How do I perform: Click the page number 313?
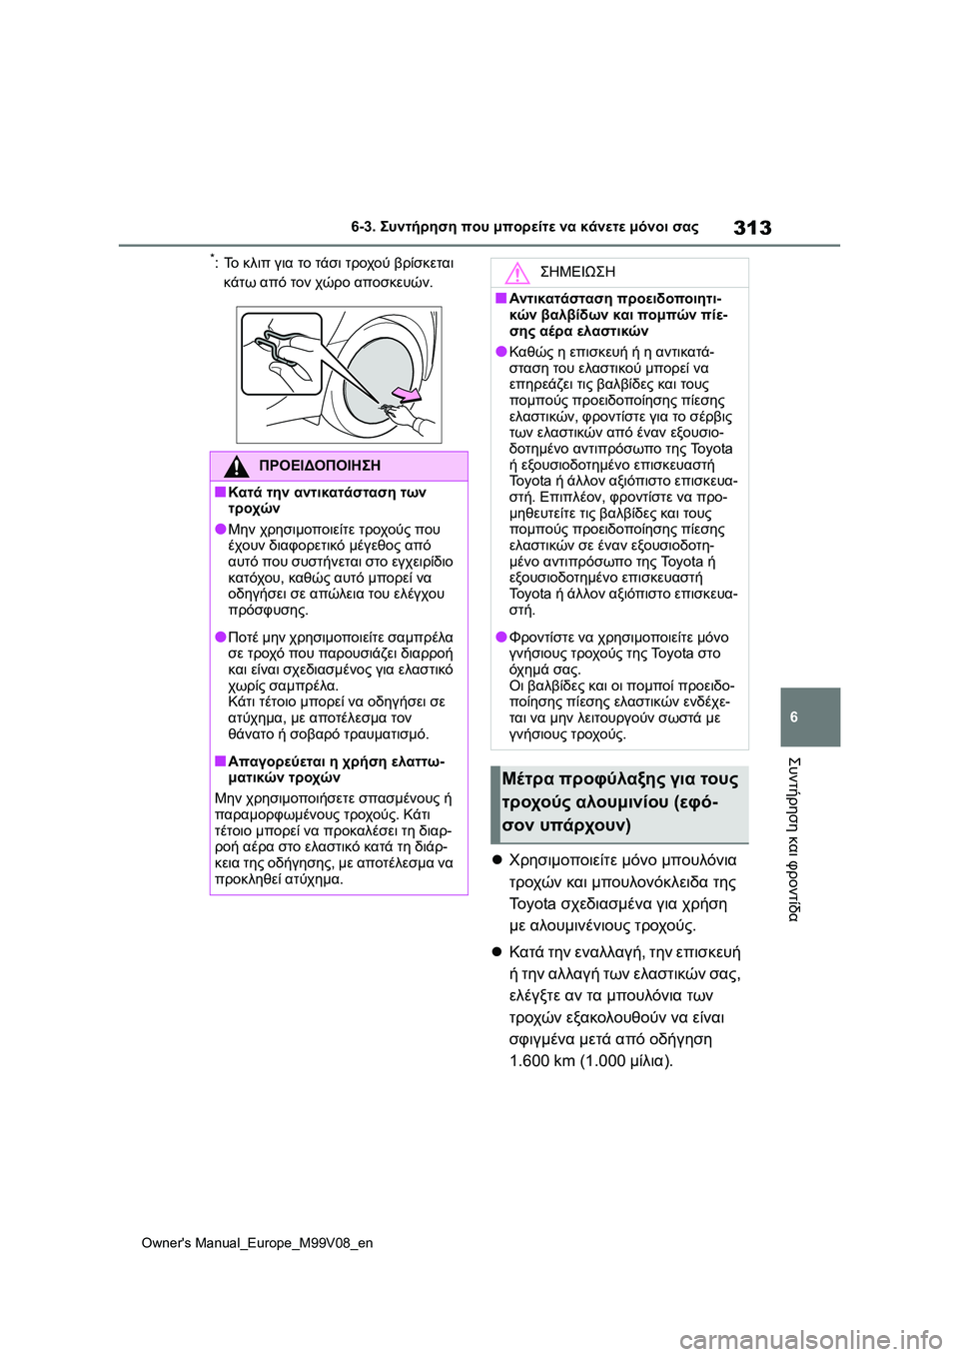pyautogui.click(x=751, y=228)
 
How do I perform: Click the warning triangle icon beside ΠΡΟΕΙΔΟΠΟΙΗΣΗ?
pyautogui.click(x=237, y=466)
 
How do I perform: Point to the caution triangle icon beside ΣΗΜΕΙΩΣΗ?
pyautogui.click(x=516, y=272)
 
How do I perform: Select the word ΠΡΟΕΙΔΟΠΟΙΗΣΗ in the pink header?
pyautogui.click(x=319, y=466)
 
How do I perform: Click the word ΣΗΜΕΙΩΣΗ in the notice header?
pyautogui.click(x=577, y=272)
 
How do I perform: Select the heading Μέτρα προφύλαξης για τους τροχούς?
pyautogui.click(x=619, y=801)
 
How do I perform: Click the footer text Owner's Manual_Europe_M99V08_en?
pyautogui.click(x=257, y=1242)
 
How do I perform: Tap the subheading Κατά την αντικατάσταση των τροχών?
pyautogui.click(x=327, y=500)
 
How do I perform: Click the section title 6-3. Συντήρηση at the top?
pyautogui.click(x=524, y=227)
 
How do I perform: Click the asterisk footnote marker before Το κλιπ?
pyautogui.click(x=214, y=260)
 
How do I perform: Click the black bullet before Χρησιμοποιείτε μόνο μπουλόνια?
pyautogui.click(x=496, y=860)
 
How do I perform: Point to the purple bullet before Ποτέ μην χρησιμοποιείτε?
pyautogui.click(x=220, y=637)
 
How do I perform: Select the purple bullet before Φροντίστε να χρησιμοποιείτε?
pyautogui.click(x=501, y=637)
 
